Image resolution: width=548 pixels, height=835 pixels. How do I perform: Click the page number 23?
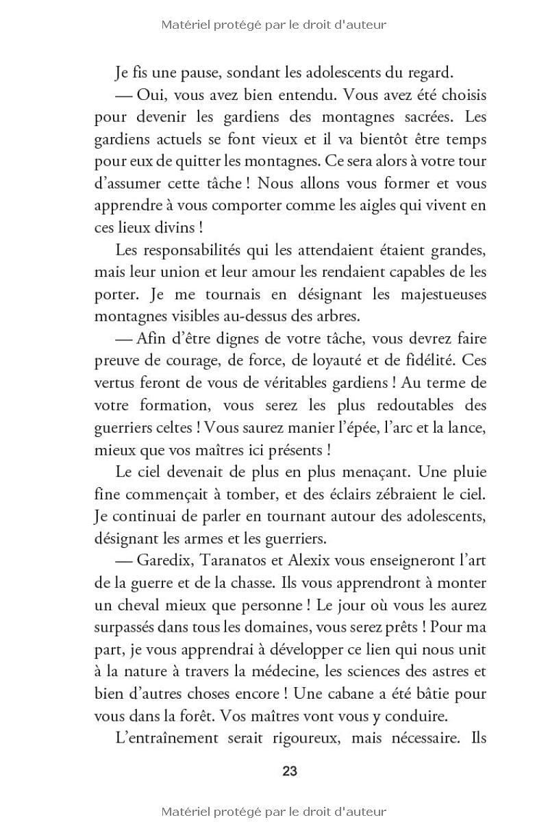click(289, 771)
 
